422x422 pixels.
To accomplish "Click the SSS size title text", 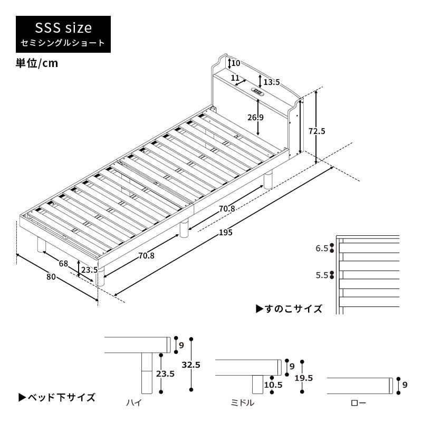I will click(63, 27).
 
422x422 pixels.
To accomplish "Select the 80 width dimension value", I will click(51, 275).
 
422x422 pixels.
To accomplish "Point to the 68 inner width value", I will click(64, 263).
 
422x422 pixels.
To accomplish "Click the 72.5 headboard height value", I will click(317, 131).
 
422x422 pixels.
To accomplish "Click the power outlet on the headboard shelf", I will click(258, 92).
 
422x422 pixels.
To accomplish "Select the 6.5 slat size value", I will click(321, 248).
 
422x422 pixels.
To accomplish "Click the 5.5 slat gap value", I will click(321, 275).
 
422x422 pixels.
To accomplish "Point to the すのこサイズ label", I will click(289, 309).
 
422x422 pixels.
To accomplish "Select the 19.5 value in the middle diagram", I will click(303, 378).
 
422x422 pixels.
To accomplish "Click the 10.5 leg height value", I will click(274, 385).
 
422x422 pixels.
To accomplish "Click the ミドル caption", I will click(243, 403).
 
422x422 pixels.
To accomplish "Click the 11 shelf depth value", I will click(235, 77).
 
